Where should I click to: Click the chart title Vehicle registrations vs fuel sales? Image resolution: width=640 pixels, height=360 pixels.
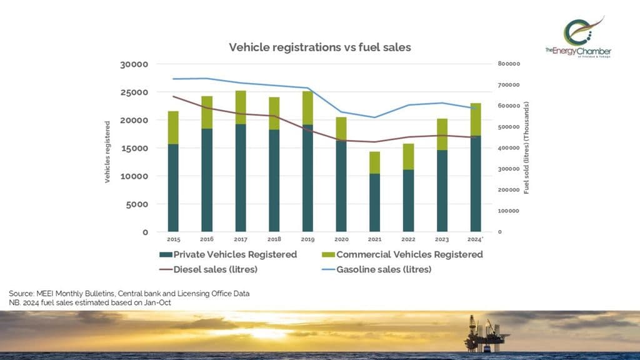click(x=319, y=47)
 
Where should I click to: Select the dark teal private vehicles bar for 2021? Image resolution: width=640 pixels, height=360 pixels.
click(x=374, y=202)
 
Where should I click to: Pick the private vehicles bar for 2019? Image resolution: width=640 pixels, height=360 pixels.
click(x=307, y=178)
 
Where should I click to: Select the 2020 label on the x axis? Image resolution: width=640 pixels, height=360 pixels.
click(x=341, y=239)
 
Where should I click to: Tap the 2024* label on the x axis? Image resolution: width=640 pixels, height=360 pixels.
click(x=476, y=239)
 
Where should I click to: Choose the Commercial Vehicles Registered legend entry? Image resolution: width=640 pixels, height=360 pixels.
click(x=402, y=254)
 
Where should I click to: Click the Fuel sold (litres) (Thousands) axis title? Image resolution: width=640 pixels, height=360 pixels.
click(x=526, y=149)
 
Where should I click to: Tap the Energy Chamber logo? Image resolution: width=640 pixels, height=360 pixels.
click(x=577, y=37)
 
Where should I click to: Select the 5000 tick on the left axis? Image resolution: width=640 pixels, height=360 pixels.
click(x=136, y=204)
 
